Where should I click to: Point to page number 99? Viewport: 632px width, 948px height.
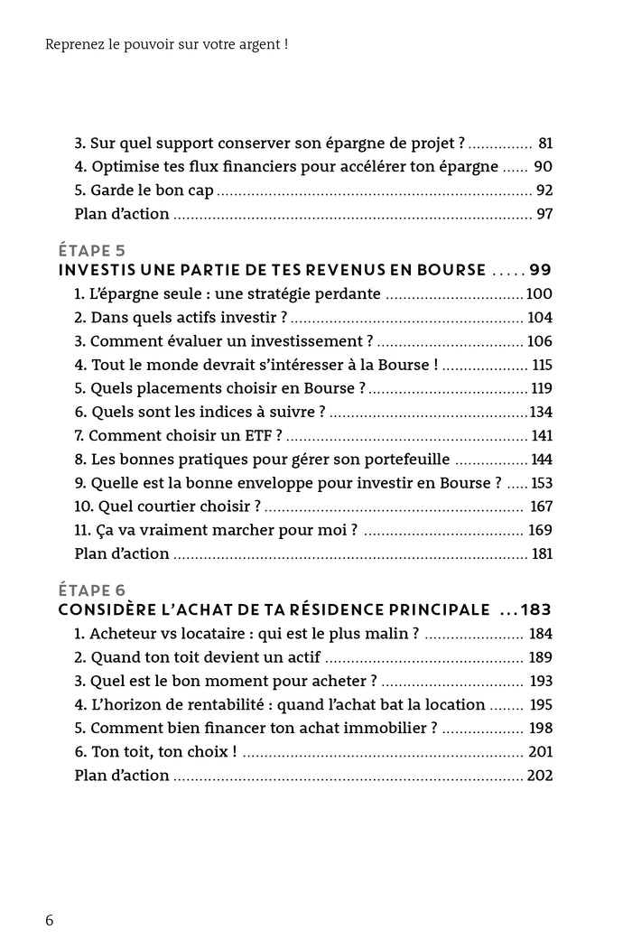[541, 270]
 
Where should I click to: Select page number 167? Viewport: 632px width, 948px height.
[540, 506]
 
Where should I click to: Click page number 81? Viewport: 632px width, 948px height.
[544, 143]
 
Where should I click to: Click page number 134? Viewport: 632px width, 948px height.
[540, 412]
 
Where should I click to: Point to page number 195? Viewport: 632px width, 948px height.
[539, 704]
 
